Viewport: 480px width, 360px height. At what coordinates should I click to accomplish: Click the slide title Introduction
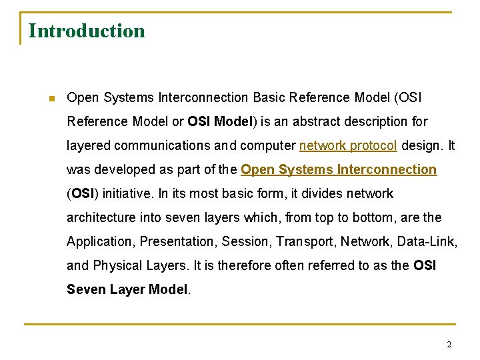coord(87,31)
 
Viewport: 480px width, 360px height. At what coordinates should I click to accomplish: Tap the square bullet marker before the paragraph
coord(51,99)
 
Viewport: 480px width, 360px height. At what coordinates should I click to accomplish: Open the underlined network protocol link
coord(348,145)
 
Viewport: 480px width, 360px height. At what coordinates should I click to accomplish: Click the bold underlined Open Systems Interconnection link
coord(339,169)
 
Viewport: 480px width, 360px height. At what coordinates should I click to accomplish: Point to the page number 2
coord(449,345)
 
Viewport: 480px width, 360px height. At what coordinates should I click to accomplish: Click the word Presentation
coord(177,241)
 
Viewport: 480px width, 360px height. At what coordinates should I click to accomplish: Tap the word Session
coord(245,241)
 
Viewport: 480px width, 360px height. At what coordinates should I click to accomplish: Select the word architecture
coord(101,217)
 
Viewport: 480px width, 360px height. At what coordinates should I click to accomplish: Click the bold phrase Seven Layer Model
coord(127,289)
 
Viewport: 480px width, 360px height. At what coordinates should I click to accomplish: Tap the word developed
coord(119,169)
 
